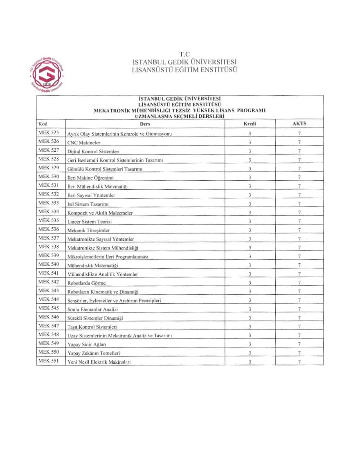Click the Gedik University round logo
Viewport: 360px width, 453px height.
47,74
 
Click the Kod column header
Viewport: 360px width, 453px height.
43,123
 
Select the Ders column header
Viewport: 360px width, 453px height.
145,123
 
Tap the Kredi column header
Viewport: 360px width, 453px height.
250,123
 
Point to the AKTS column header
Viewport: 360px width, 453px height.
299,123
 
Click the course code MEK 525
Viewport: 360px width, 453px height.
49,133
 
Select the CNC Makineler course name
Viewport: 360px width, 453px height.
84,143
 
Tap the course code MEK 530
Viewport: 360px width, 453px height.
49,177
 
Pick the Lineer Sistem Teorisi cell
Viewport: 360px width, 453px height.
90,222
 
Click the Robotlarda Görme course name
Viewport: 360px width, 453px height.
86,283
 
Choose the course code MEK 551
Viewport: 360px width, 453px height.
49,361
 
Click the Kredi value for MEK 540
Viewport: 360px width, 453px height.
250,265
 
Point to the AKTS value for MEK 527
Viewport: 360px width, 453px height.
299,151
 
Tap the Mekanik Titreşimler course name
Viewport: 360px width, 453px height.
88,230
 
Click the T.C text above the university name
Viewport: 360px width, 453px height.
185,54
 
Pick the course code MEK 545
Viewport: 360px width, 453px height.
49,308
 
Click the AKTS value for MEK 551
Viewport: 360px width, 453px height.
299,362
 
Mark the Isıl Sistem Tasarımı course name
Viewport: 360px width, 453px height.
88,204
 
